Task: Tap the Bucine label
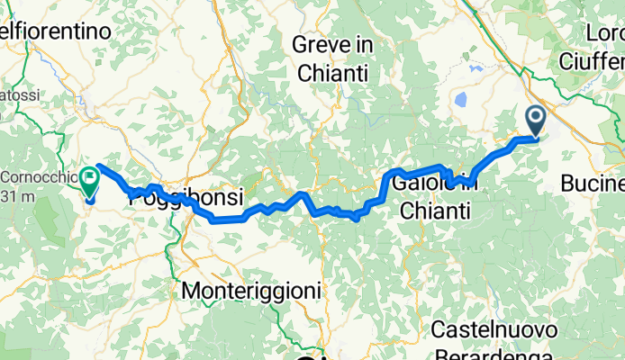click(x=592, y=184)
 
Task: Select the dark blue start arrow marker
click(x=535, y=120)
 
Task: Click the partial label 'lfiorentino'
click(x=56, y=31)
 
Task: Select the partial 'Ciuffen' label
click(x=591, y=60)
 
